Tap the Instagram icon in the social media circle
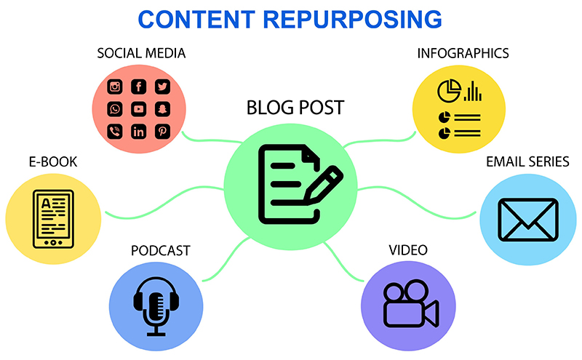tap(115, 87)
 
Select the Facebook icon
tap(138, 87)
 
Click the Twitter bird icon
tap(162, 87)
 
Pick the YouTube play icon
tap(138, 109)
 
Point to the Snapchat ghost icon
tap(162, 109)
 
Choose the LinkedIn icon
tap(138, 132)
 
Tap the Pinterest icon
tap(162, 132)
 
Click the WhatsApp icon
tap(115, 109)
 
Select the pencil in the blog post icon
tap(321, 185)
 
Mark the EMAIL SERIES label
tap(527, 161)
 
